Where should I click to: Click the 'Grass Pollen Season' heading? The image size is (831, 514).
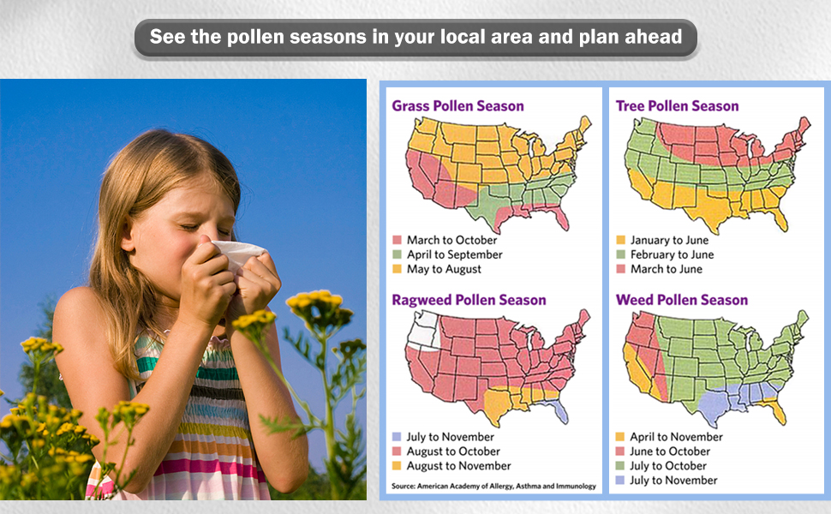coord(457,106)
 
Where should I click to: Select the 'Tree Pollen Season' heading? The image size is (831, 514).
coord(677,106)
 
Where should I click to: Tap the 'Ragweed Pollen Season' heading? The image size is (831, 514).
coord(469,300)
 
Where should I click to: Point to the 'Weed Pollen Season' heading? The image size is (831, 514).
coord(682,300)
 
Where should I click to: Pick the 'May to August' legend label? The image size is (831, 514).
coord(444,269)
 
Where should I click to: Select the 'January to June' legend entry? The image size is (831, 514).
coord(669,240)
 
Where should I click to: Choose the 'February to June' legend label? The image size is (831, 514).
coord(672,254)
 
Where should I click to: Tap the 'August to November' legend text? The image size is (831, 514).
coord(458,466)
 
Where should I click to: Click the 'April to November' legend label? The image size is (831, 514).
coord(676,437)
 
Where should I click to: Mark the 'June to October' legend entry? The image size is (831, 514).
coord(670,451)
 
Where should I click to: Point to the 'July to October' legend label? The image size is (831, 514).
coord(667,466)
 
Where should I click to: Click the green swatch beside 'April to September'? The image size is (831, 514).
coord(397,254)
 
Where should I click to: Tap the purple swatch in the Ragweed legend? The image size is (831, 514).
coord(397,437)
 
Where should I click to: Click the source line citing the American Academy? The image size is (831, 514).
coord(493,486)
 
